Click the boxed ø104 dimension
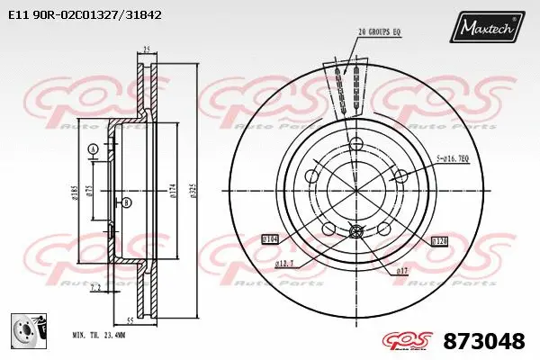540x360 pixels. point(270,238)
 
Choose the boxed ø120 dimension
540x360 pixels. point(439,241)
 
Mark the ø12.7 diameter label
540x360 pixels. point(287,262)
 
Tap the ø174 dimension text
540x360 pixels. point(172,192)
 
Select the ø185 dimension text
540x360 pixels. point(75,191)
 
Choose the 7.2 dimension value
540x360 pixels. point(95,287)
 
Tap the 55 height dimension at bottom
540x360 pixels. point(130,320)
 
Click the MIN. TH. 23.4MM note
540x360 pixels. point(99,336)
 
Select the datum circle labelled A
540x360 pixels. point(93,148)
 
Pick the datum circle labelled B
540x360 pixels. point(126,203)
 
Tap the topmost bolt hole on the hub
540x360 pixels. point(355,144)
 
